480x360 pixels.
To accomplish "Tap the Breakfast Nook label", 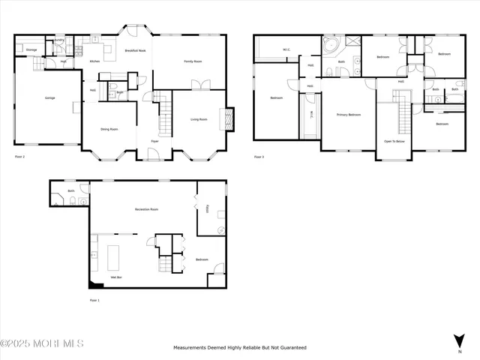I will pyautogui.click(x=135, y=50).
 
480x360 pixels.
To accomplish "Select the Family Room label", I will pyautogui.click(x=194, y=61).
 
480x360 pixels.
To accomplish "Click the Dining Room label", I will pyautogui.click(x=109, y=129).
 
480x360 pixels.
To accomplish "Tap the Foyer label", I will pyautogui.click(x=154, y=140).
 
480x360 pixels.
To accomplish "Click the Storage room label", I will pyautogui.click(x=31, y=49).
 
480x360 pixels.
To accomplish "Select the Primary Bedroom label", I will pyautogui.click(x=348, y=115).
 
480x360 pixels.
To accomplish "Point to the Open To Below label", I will pyautogui.click(x=394, y=141).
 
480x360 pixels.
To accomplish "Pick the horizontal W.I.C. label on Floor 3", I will pyautogui.click(x=286, y=50).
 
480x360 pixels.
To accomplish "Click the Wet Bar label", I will pyautogui.click(x=117, y=277).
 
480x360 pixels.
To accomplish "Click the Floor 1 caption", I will pyautogui.click(x=94, y=300).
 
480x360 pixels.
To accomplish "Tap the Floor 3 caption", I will pyautogui.click(x=259, y=157).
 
